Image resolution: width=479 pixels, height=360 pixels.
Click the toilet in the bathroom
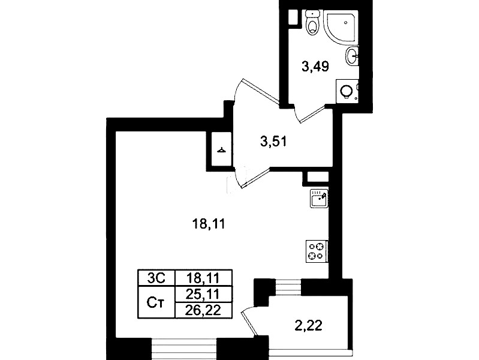tap(312, 22)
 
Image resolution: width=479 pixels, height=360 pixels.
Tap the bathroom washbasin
tap(352, 56)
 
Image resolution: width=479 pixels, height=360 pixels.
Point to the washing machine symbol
tap(348, 91)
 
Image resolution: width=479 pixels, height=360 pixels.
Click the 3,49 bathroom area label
tap(315, 67)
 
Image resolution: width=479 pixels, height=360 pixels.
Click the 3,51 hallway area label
tap(273, 142)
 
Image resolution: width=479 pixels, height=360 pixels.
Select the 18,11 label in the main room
tap(209, 224)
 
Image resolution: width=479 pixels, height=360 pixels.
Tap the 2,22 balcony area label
tap(309, 326)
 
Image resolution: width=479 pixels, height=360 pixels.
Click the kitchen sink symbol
tap(319, 199)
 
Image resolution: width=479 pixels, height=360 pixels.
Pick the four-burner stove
tap(317, 251)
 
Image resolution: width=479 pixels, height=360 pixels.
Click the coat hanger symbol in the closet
tap(221, 150)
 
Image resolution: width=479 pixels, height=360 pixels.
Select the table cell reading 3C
tap(156, 278)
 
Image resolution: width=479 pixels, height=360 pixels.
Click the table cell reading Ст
tap(156, 302)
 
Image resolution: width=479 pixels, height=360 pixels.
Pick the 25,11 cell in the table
tap(203, 294)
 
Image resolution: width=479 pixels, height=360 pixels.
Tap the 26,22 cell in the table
tap(203, 310)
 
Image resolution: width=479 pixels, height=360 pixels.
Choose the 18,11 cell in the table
tap(203, 278)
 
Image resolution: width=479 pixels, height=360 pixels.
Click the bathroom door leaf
tap(312, 115)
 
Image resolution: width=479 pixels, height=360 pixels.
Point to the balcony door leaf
tap(249, 325)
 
